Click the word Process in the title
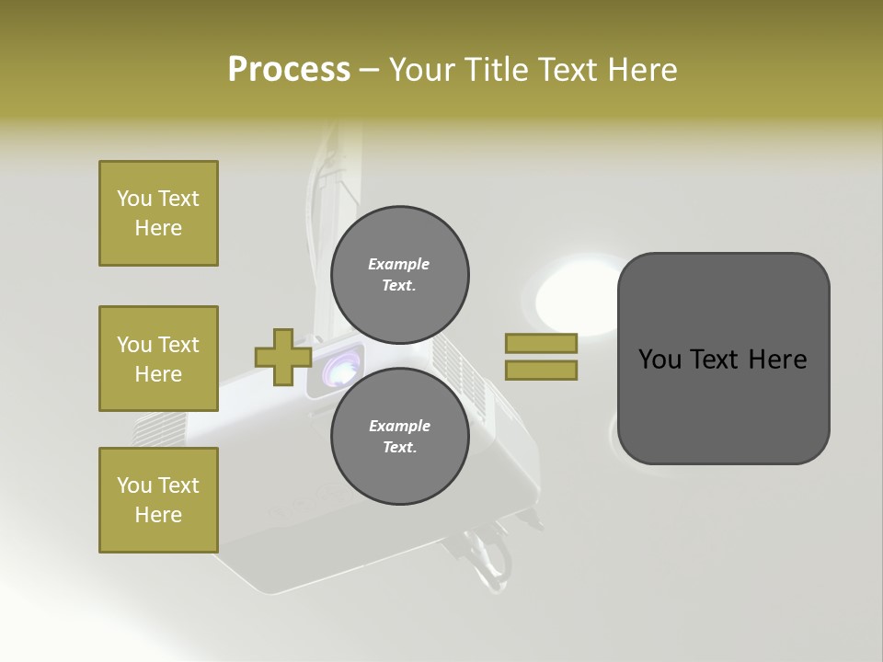coord(289,70)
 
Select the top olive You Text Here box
coord(158,213)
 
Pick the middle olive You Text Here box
coord(158,359)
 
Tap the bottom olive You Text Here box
coord(158,500)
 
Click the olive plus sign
coord(283,357)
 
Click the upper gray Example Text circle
coord(399,274)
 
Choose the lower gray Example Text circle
coord(399,436)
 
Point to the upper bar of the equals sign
coord(541,343)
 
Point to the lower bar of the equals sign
coord(541,371)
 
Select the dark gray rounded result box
coord(723,359)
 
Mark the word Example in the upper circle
coord(399,264)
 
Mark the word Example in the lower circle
coord(399,426)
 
